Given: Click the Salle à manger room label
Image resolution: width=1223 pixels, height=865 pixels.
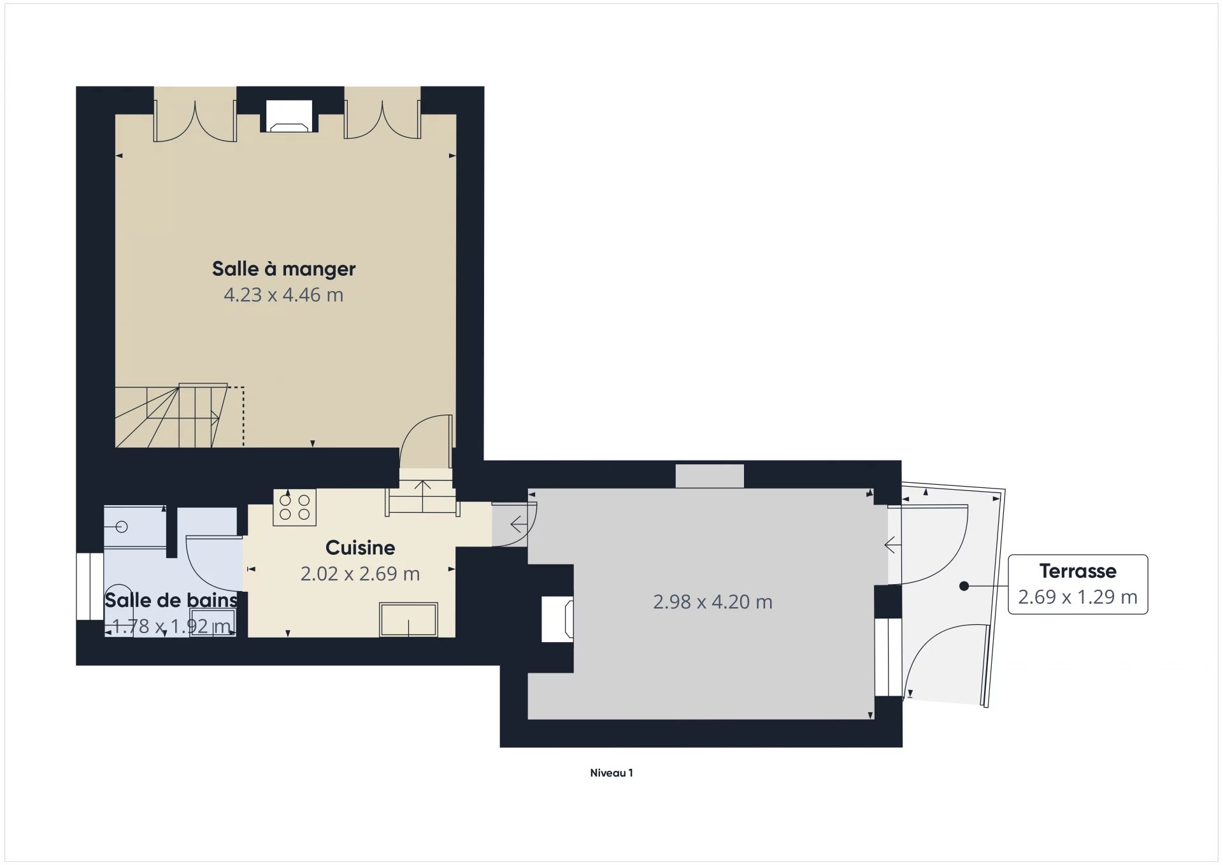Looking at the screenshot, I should click(283, 269).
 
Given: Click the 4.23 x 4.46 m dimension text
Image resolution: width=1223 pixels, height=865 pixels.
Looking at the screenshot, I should click(283, 295).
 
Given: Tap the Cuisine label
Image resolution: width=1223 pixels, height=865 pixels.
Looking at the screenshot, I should click(360, 548).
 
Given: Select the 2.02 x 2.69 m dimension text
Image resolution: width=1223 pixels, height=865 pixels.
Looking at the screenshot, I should click(360, 574).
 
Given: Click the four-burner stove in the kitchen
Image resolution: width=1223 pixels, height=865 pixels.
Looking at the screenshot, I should click(294, 508).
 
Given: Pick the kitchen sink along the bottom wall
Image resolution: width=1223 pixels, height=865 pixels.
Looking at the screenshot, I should click(408, 619).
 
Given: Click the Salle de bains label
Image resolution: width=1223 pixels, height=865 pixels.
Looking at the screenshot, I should click(171, 600).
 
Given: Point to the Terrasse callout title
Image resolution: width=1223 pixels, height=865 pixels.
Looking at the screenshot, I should click(1078, 571).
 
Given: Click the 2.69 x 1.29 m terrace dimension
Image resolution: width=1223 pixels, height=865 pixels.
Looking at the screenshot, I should click(1078, 597).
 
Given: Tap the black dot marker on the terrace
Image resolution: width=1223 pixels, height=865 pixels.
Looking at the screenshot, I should click(964, 586).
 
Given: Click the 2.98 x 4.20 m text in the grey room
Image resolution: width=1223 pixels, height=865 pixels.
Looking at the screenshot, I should click(712, 602).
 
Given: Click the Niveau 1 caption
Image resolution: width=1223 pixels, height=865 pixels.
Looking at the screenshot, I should click(611, 773).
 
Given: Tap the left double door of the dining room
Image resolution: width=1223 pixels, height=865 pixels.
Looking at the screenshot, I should click(195, 121).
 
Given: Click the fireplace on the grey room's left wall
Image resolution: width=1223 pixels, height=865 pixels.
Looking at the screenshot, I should click(557, 618).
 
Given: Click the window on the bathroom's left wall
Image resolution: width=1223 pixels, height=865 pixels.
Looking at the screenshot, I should click(89, 587).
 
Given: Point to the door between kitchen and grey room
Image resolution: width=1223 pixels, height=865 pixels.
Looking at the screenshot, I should click(513, 524).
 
